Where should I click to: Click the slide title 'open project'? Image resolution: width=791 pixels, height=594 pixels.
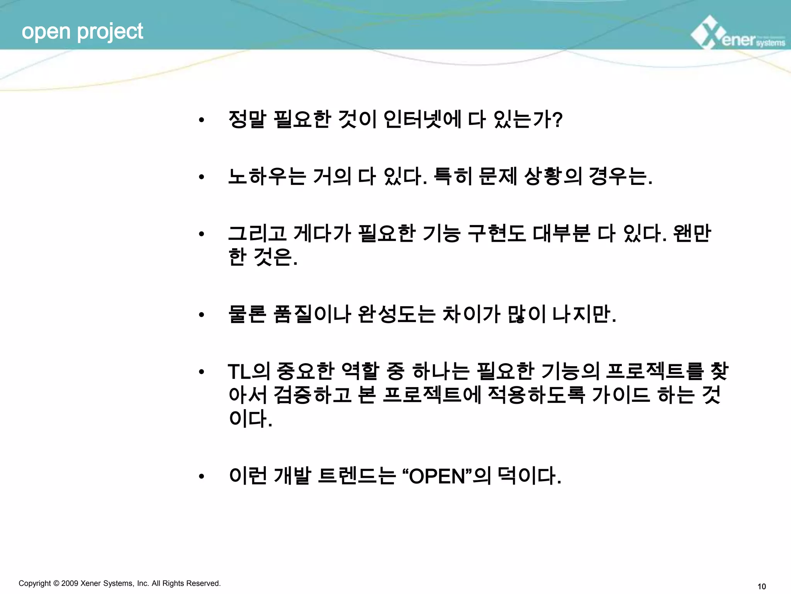point(82,31)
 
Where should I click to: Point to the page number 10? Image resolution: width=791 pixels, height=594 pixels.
point(762,587)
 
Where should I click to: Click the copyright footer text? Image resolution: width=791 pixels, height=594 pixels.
point(120,583)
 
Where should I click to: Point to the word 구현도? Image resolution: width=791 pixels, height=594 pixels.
point(496,233)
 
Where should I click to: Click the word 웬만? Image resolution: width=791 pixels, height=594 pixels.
point(691,233)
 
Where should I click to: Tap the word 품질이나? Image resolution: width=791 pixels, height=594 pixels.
point(312,314)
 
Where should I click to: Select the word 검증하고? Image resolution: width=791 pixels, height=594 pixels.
point(312,395)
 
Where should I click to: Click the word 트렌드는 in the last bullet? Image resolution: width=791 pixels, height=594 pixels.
point(356,476)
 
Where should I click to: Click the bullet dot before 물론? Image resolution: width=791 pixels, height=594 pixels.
point(201,315)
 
